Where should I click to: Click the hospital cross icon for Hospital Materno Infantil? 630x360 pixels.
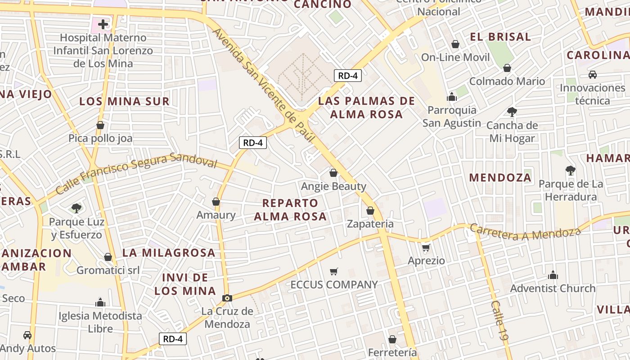(x=103, y=24)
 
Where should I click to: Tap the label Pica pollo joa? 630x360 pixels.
(x=101, y=138)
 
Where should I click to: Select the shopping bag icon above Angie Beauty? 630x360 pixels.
(x=333, y=173)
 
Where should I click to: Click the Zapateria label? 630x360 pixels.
(x=370, y=224)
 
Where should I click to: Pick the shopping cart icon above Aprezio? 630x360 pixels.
(x=426, y=247)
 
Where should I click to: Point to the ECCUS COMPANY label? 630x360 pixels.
(x=334, y=285)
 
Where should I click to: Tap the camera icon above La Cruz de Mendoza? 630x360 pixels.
(x=227, y=298)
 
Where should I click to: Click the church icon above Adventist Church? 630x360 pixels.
(x=553, y=275)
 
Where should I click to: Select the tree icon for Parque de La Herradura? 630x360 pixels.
(x=571, y=171)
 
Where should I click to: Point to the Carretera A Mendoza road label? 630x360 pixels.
(x=525, y=232)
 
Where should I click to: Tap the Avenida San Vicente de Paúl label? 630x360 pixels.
(x=263, y=85)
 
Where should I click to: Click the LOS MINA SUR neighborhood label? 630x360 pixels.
(x=124, y=101)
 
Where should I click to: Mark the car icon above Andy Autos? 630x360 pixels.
(x=27, y=335)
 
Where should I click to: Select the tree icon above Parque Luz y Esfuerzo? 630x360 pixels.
(x=76, y=208)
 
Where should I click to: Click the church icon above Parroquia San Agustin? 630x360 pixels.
(x=452, y=97)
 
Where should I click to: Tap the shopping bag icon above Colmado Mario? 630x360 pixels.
(x=507, y=68)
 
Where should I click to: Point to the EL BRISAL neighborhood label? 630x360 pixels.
(x=500, y=37)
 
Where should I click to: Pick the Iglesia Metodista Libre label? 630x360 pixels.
(x=100, y=322)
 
